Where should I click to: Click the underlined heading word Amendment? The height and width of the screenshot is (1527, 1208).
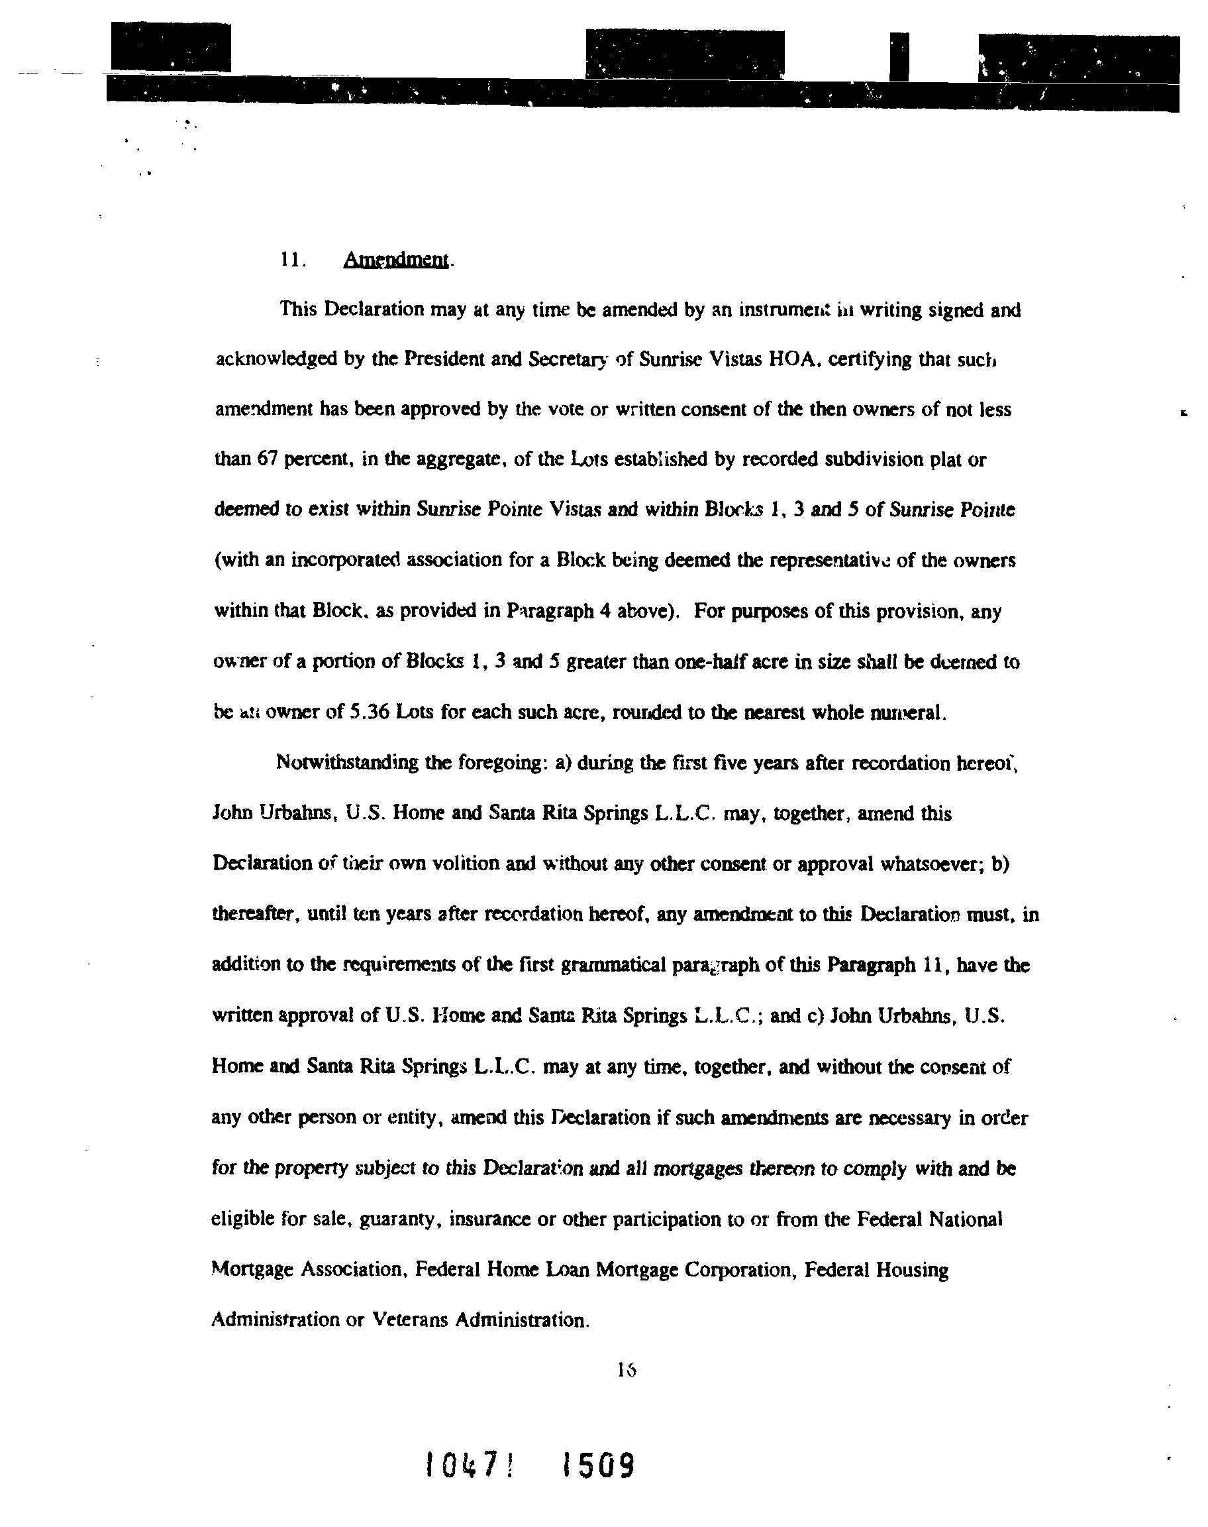coord(396,260)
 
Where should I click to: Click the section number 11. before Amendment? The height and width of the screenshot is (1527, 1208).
coord(292,260)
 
